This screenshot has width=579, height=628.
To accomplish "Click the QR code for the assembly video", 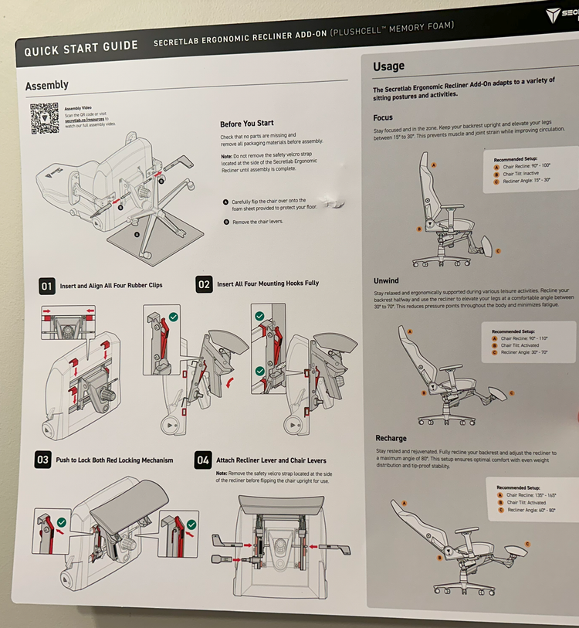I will [x=45, y=118].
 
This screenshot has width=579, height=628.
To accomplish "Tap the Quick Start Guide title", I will [x=80, y=49].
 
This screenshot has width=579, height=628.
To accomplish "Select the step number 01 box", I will [x=47, y=286].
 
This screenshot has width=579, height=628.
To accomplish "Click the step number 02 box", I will [x=204, y=284].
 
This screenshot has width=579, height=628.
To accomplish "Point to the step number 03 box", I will [x=42, y=460].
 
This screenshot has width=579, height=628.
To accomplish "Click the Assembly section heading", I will [x=46, y=86].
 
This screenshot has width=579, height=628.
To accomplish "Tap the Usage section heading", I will [x=388, y=66].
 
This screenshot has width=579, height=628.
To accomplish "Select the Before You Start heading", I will [x=246, y=124].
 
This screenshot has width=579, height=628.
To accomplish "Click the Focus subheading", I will [x=383, y=117].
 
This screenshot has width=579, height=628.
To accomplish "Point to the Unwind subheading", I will [x=387, y=281].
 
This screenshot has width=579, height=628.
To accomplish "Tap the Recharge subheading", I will [x=391, y=438].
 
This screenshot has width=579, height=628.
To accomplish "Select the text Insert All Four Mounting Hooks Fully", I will [x=268, y=283].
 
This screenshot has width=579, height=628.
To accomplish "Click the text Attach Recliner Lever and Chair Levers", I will [x=271, y=460].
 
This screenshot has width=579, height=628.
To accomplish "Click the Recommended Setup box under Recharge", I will [x=530, y=499].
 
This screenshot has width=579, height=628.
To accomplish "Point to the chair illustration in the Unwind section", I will [x=448, y=371].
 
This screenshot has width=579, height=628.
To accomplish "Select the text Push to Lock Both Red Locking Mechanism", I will [x=114, y=460].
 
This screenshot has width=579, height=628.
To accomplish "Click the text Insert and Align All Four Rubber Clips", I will [x=111, y=286].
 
